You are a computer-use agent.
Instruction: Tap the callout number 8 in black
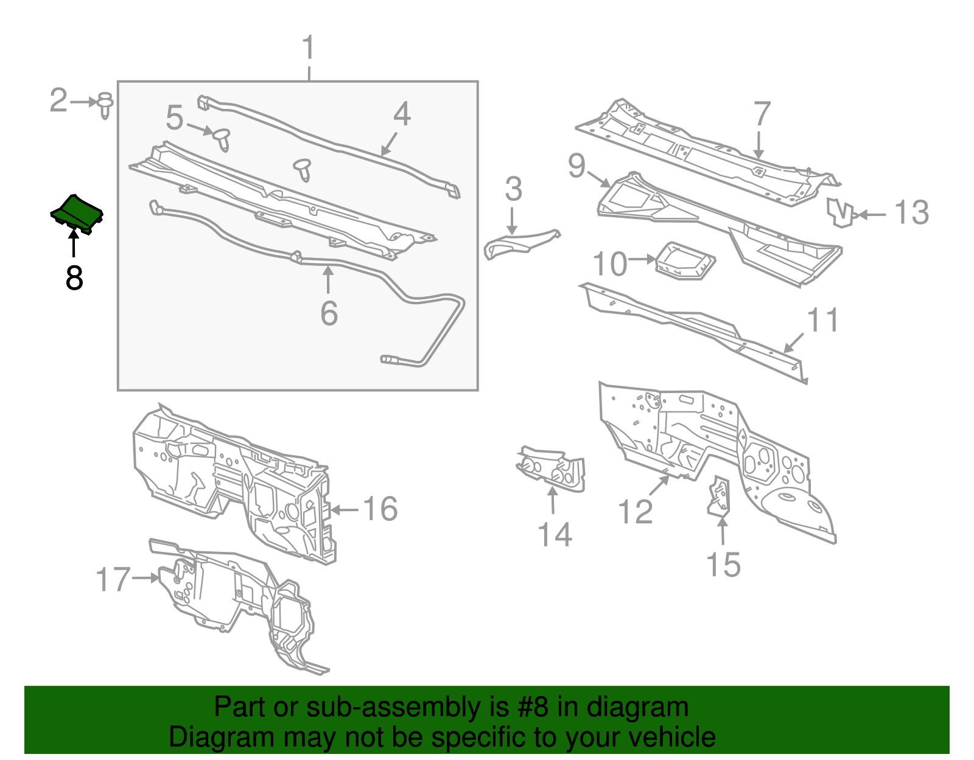tap(74, 278)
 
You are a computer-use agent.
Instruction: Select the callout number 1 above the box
tap(309, 48)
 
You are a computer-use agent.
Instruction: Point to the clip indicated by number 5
tap(222, 139)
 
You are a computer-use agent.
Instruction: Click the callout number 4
tap(402, 114)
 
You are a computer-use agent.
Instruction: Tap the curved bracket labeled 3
tap(520, 243)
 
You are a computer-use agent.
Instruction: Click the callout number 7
tap(762, 114)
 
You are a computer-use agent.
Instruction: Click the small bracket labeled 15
tap(720, 498)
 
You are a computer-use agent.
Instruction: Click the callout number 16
tap(380, 509)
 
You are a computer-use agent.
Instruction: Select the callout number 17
tap(113, 579)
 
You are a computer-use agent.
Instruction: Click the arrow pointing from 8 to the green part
tap(74, 243)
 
